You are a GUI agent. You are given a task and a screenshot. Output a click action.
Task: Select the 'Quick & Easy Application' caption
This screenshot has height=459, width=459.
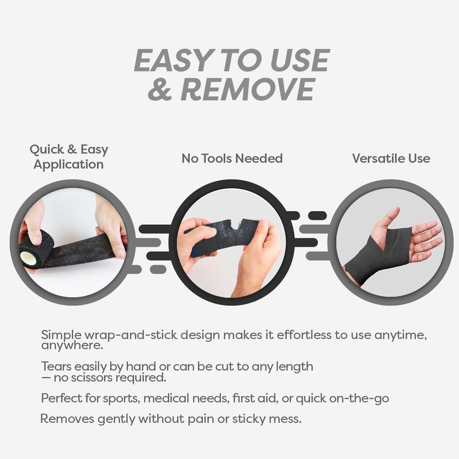click(x=69, y=157)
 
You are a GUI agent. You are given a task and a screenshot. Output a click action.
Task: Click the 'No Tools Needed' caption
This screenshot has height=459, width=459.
click(x=232, y=158)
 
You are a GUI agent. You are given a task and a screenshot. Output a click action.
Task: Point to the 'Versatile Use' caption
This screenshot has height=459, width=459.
click(x=391, y=158)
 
